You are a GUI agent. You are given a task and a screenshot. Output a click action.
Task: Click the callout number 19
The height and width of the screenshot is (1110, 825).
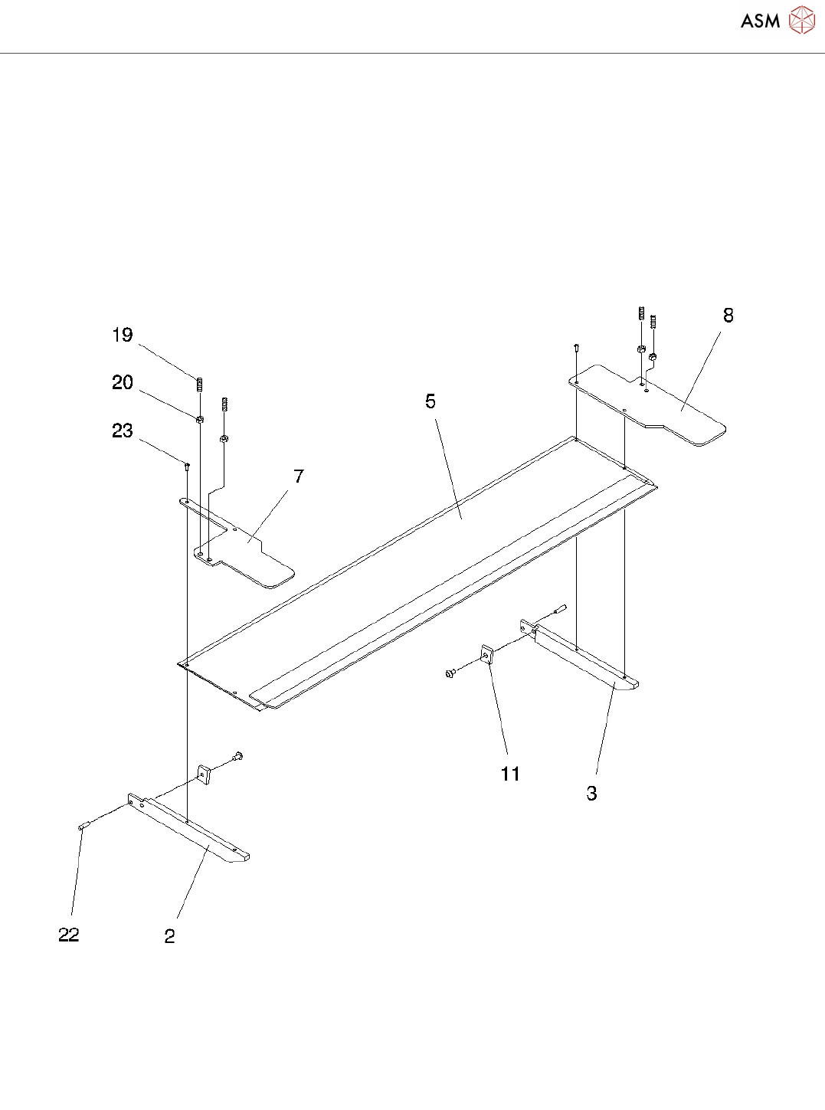[x=123, y=336]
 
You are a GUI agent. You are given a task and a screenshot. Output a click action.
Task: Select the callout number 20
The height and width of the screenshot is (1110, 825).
[x=123, y=383]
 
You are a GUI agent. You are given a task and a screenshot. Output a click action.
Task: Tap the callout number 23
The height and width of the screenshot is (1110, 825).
[x=123, y=431]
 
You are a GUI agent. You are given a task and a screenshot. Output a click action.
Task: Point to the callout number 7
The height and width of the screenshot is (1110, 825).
[x=299, y=476]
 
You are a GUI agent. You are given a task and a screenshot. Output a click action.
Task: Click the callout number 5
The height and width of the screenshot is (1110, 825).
[x=431, y=401]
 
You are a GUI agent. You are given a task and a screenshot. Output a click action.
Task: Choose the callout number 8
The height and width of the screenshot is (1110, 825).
[x=728, y=316]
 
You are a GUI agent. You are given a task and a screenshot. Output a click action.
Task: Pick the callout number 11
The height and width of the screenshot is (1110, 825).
[x=510, y=774]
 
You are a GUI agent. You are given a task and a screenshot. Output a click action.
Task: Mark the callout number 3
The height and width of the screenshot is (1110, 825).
[x=591, y=794]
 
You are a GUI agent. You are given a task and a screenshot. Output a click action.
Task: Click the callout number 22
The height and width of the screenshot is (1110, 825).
[x=69, y=935]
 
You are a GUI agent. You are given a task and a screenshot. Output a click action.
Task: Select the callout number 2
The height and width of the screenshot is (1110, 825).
[x=169, y=936]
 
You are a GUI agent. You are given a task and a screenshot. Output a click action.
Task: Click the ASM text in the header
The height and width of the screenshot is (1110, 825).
[x=760, y=21]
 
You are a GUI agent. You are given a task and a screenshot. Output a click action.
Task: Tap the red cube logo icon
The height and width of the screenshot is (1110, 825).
[x=802, y=21]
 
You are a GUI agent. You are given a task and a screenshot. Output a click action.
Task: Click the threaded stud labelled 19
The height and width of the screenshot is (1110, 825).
[x=199, y=384]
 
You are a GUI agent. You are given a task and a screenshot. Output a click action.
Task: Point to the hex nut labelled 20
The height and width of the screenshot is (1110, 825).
[x=199, y=419]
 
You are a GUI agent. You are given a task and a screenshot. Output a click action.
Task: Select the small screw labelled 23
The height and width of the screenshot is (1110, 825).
[x=187, y=466]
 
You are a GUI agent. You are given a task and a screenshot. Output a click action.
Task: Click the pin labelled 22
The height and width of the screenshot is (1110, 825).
[x=83, y=825]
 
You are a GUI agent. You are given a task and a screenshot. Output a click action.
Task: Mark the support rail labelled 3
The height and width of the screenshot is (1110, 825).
[x=586, y=659]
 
